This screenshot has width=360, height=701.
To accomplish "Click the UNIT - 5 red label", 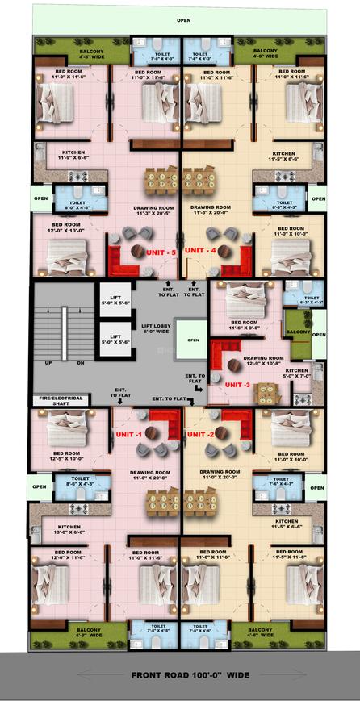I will (161, 252).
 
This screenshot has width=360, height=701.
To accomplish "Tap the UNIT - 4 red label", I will (200, 251).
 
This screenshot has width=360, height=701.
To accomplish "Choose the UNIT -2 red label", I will (200, 434).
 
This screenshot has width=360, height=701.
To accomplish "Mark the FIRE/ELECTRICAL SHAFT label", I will (54, 400).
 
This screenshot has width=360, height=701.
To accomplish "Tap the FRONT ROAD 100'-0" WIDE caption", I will (180, 676).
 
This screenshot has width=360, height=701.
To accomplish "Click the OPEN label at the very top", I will (185, 21).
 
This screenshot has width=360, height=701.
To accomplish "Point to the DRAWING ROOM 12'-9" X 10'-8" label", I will (263, 361).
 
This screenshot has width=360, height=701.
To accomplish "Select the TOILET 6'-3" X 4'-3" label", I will (312, 300).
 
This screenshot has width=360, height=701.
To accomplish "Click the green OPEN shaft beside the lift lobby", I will (192, 340).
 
